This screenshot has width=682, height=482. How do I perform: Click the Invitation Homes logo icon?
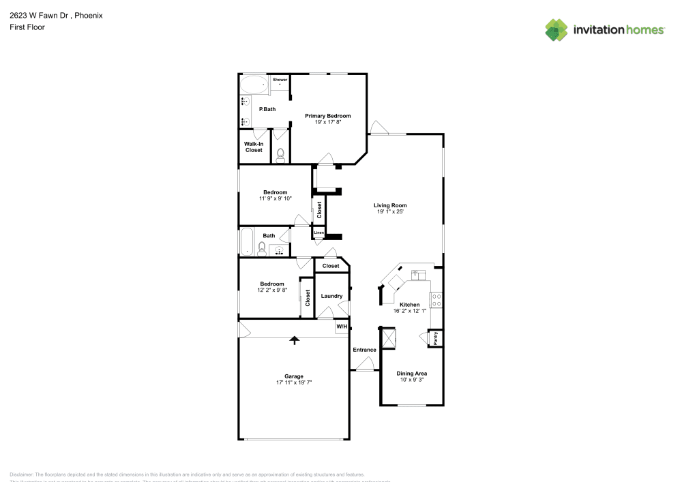tap(557, 29)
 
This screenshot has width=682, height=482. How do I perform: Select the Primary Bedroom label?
tap(327, 116)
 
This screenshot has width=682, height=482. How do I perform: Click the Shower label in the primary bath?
tap(280, 80)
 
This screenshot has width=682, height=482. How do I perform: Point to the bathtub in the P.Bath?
tap(254, 85)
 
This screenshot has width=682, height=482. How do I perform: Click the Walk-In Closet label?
tap(254, 147)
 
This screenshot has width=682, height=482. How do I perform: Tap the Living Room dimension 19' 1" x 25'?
tap(390, 212)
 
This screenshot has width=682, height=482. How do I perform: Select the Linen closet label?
tap(318, 233)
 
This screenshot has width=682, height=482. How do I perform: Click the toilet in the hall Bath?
tap(262, 249)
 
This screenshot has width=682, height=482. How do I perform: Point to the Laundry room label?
tap(331, 296)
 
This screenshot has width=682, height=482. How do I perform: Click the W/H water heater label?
tap(342, 327)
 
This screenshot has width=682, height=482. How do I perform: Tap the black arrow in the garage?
tap(295, 340)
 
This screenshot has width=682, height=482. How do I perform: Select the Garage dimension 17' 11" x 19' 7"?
tap(294, 382)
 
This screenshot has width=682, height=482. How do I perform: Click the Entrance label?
tap(364, 350)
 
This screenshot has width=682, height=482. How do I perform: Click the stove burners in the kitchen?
tap(436, 300)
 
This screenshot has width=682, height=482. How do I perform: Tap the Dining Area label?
tap(412, 374)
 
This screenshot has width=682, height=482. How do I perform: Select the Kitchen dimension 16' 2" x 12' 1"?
tap(409, 311)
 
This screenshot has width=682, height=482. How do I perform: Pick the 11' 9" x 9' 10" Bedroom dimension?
tap(276, 198)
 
